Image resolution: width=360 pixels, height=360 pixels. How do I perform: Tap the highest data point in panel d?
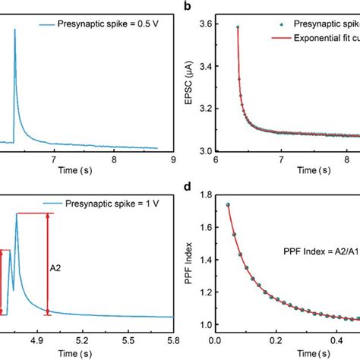pos(227,204)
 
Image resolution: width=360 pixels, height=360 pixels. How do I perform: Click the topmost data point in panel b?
pos(238,27)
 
